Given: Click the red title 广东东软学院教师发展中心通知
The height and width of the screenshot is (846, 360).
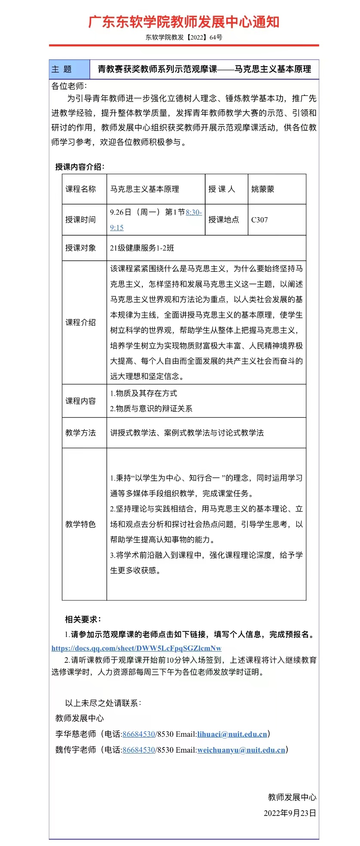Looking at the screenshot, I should pyautogui.click(x=184, y=22).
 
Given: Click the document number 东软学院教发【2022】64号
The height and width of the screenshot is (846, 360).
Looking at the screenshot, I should pyautogui.click(x=184, y=37).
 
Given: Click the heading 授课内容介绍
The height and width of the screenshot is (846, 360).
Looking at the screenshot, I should pyautogui.click(x=80, y=167).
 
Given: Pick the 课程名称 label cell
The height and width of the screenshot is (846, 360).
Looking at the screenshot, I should pyautogui.click(x=80, y=189).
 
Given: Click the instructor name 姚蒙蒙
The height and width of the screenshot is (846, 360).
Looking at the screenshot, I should pyautogui.click(x=262, y=189).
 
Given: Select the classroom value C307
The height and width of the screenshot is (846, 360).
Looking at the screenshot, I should pyautogui.click(x=259, y=220).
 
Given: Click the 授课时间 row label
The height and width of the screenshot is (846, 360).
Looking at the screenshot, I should pyautogui.click(x=80, y=220).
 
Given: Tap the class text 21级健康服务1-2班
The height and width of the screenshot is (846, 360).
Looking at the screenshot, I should pyautogui.click(x=142, y=248).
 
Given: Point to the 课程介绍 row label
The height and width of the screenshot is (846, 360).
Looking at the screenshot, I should pyautogui.click(x=80, y=323).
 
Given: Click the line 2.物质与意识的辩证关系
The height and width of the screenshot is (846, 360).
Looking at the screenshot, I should pyautogui.click(x=151, y=409).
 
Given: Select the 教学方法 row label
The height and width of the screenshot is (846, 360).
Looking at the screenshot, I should pyautogui.click(x=80, y=433).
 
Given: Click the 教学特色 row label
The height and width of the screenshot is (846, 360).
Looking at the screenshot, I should pyautogui.click(x=80, y=524).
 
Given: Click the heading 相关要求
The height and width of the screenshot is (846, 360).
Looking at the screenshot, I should pyautogui.click(x=83, y=619).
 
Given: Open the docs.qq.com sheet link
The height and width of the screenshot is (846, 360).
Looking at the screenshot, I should pyautogui.click(x=136, y=648).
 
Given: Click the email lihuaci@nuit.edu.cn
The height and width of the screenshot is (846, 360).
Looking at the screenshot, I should pyautogui.click(x=232, y=734).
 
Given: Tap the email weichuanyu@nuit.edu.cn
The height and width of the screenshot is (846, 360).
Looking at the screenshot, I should pyautogui.click(x=241, y=750).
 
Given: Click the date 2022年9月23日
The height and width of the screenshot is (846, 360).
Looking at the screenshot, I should pyautogui.click(x=290, y=813).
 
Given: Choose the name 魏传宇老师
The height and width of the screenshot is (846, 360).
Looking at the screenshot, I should pyautogui.click(x=76, y=750).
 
